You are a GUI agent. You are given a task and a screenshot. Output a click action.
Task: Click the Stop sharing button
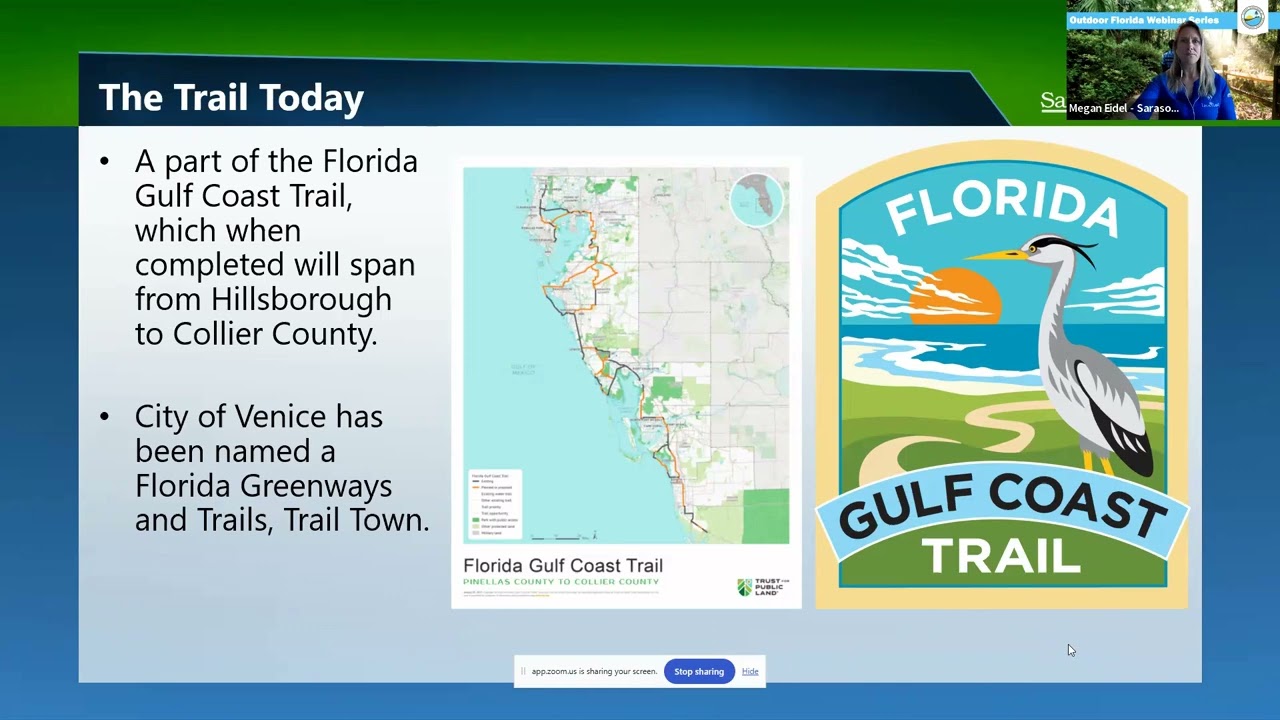[x=698, y=671]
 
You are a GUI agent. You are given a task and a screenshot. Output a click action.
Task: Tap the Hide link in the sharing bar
[x=750, y=671]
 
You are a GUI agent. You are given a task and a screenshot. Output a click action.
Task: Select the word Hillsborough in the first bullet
[x=301, y=299]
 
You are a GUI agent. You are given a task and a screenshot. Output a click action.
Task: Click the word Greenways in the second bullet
[x=315, y=486]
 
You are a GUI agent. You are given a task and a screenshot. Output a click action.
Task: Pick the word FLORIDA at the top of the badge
[x=1001, y=208]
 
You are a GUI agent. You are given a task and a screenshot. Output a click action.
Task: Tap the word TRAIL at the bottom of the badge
[x=1001, y=556]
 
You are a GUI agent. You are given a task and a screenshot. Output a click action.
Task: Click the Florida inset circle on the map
[x=757, y=200]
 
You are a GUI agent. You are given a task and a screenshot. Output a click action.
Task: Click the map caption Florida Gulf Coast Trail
[x=563, y=566]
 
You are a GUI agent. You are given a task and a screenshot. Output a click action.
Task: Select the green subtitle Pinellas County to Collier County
[x=561, y=582]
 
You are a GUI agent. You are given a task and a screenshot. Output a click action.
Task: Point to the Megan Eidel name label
[x=1123, y=108]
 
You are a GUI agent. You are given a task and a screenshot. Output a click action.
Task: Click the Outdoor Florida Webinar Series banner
[x=1144, y=20]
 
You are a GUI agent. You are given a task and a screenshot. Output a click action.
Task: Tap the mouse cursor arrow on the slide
[x=1070, y=650]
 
